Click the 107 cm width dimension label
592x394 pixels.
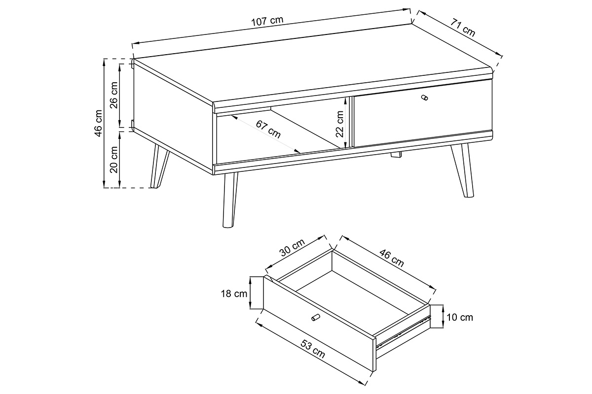[267, 21]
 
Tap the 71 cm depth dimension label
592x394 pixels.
[463, 28]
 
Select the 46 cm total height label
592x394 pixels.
[98, 123]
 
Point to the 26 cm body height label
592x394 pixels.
[114, 95]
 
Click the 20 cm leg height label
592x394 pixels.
[114, 160]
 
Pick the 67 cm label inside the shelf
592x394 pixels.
[268, 130]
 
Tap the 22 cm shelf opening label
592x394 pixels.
[339, 124]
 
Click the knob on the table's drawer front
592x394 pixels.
[424, 98]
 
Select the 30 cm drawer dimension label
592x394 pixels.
[292, 247]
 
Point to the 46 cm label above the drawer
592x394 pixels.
[392, 258]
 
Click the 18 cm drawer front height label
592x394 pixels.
[234, 294]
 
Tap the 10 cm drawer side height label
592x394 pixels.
[460, 317]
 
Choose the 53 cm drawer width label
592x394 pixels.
[313, 349]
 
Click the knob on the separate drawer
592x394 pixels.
[316, 317]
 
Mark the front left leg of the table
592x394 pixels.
[229, 200]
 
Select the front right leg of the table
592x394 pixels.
[463, 170]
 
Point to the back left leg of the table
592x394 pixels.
[158, 166]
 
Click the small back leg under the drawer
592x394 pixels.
[396, 155]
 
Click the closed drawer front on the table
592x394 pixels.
[422, 113]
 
